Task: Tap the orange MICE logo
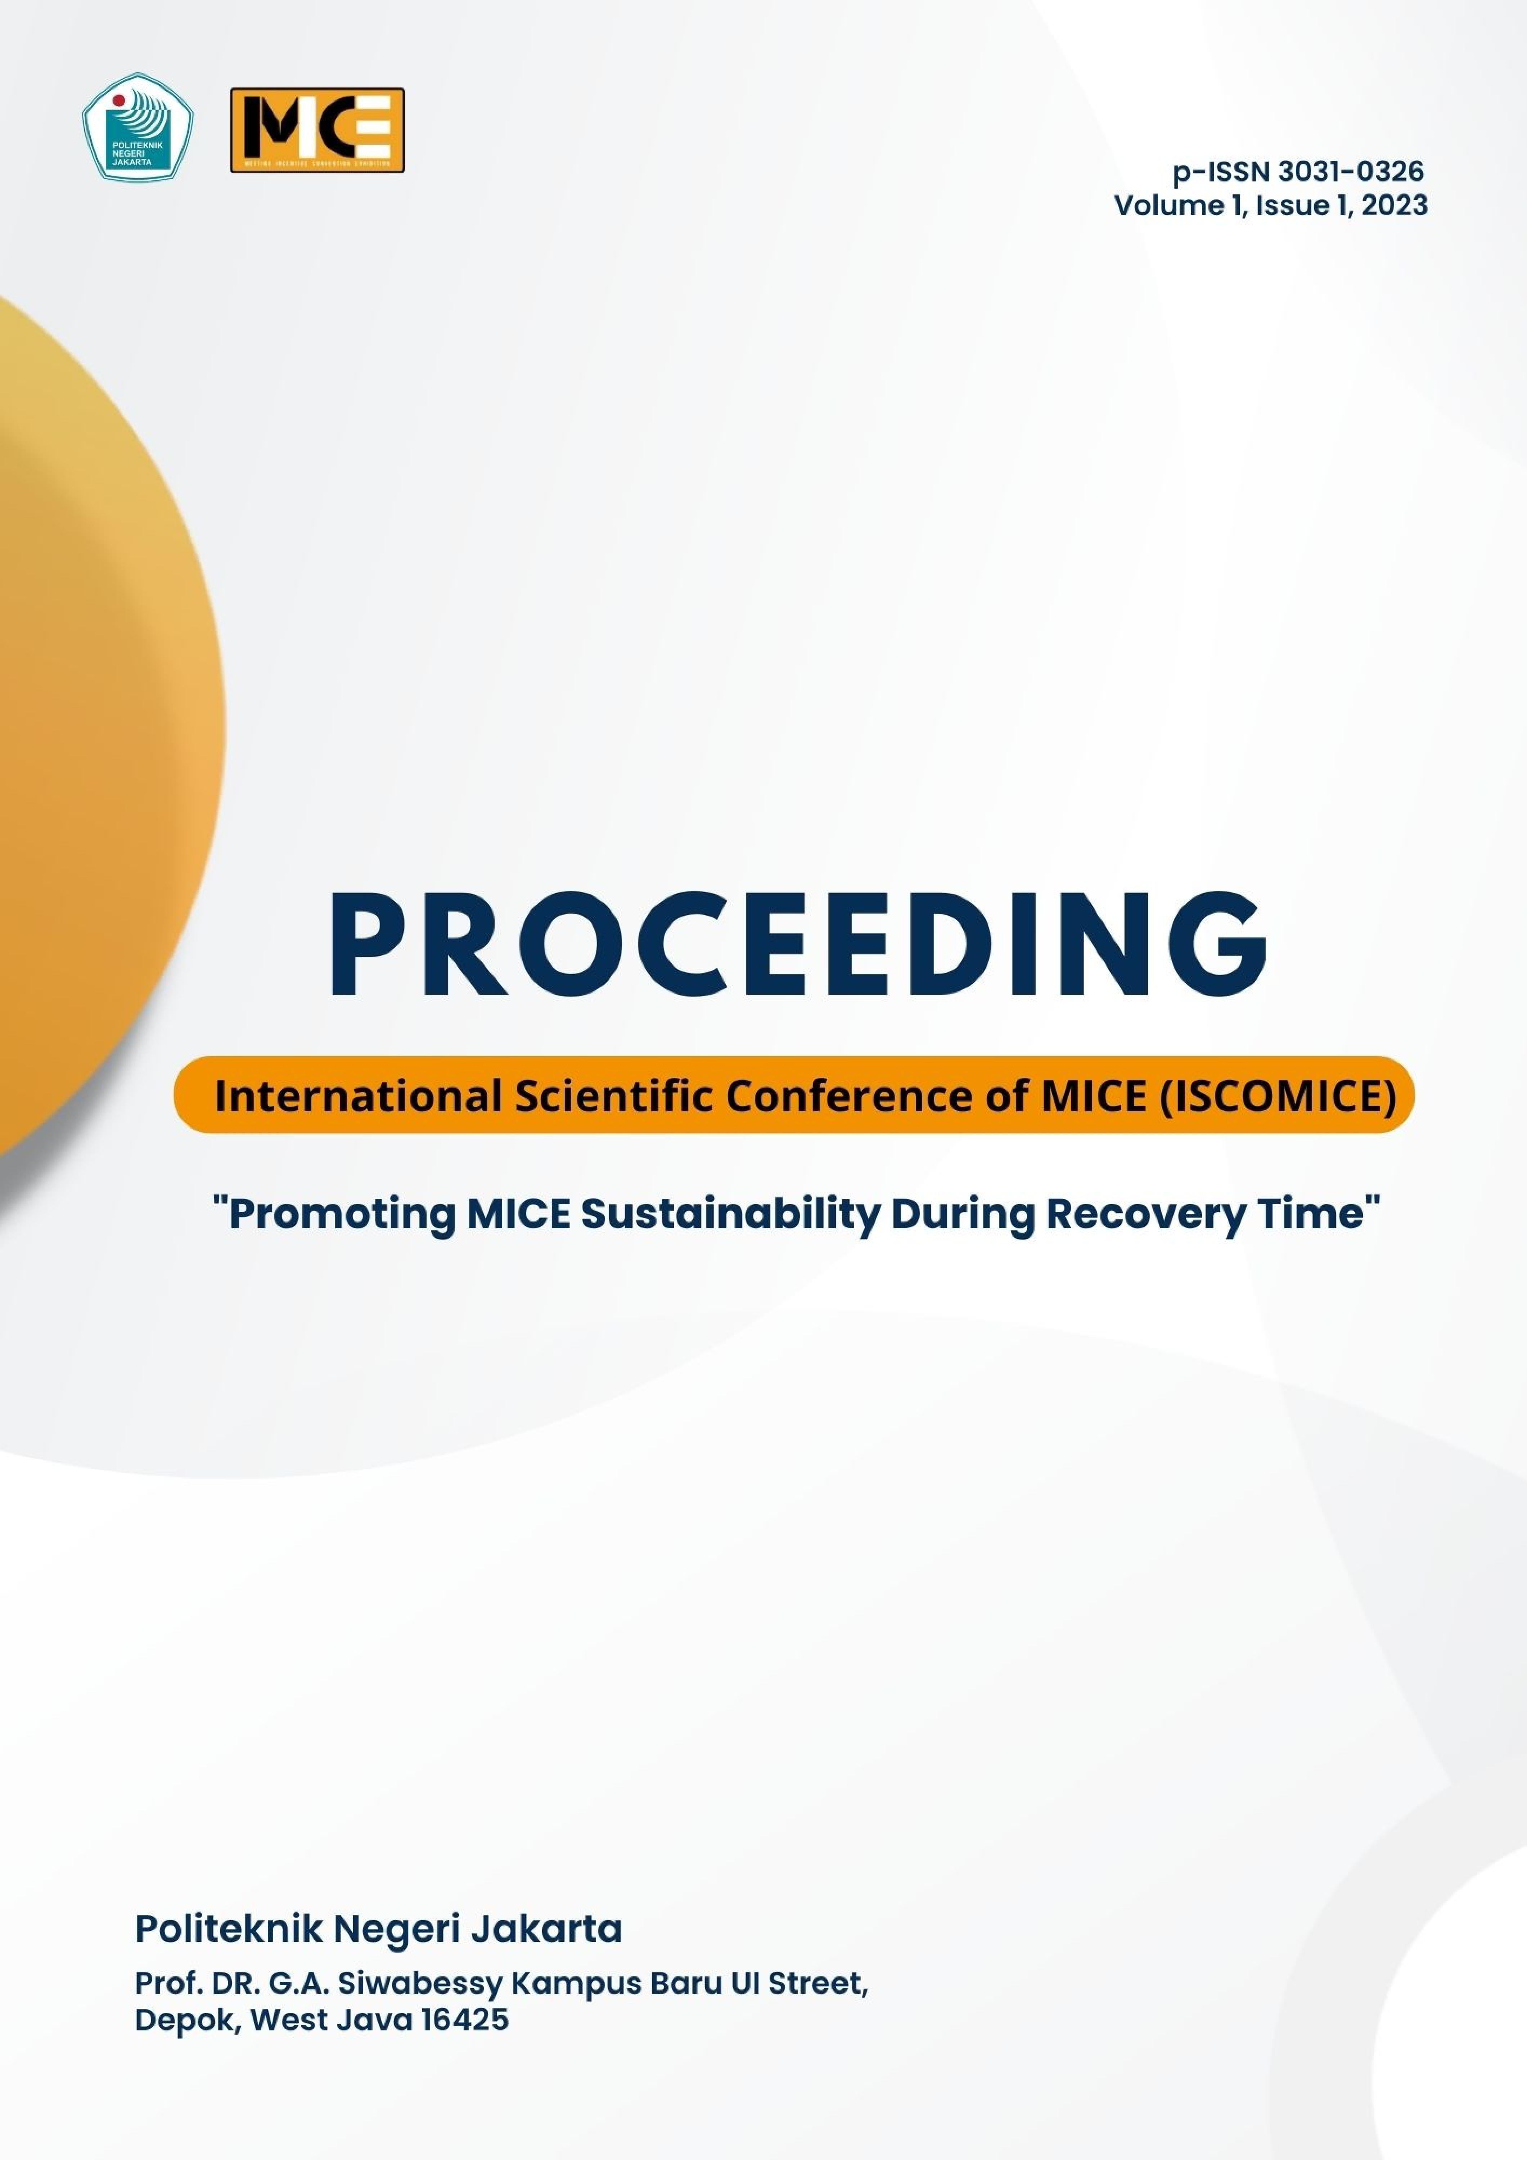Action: pos(317,130)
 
